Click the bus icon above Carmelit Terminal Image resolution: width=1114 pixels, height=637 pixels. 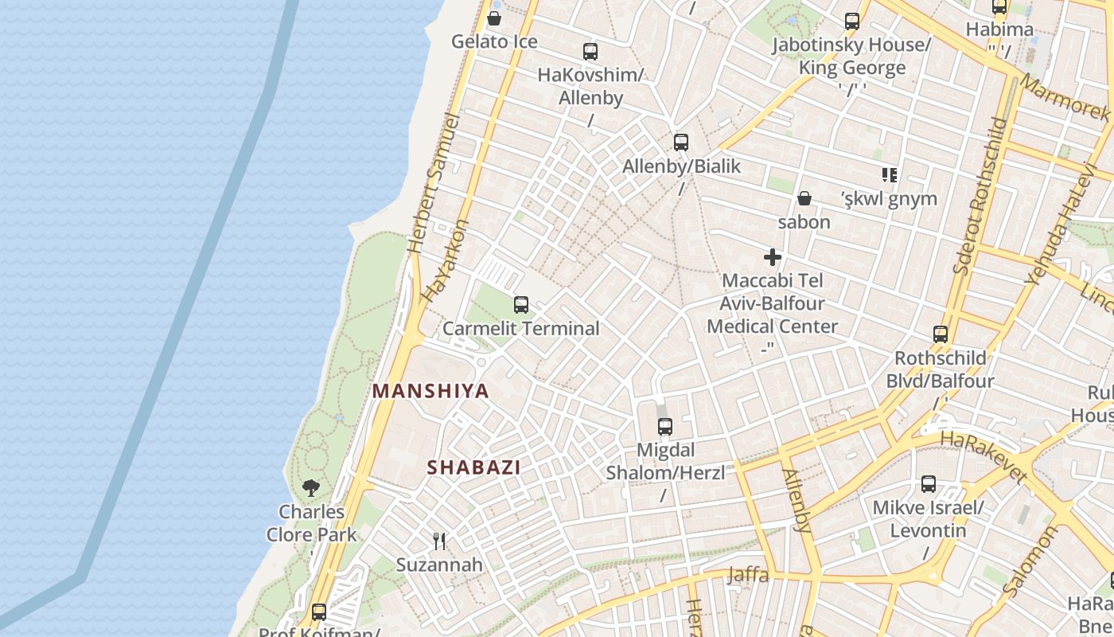point(521,304)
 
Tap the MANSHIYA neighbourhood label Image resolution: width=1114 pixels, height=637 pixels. point(430,392)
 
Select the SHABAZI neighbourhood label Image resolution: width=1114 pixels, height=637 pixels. point(474,467)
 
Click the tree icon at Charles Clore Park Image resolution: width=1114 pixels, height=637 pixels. point(311,487)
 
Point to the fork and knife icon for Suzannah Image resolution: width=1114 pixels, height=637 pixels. point(439,541)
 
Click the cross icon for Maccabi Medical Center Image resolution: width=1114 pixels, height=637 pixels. point(772,257)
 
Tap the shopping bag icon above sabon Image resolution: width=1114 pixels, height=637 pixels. point(804,198)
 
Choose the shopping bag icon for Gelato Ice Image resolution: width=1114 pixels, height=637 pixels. point(494,18)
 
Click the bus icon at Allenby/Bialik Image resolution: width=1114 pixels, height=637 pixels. point(681,143)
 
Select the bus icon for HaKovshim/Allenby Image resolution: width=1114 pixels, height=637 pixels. point(590,52)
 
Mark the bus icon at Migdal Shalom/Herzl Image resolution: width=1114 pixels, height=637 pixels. point(665,427)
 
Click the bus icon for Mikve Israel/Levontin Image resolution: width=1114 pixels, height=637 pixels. point(929,484)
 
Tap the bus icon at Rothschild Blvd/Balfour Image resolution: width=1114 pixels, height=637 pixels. point(941,334)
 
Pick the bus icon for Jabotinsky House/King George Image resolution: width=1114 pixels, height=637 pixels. point(852,21)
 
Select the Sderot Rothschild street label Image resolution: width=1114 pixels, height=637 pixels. point(980,196)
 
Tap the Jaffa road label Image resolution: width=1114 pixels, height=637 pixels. point(748,574)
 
